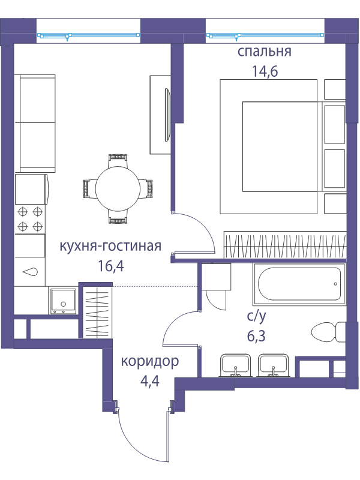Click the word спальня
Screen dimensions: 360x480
coord(264,52)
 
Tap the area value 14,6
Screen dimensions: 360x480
coord(265,71)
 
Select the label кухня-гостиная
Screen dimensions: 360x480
coord(110,246)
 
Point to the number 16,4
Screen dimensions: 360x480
coord(111,266)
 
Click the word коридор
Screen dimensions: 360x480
coord(150,362)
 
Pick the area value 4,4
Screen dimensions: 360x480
coord(149,382)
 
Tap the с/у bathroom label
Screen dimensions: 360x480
coord(257,317)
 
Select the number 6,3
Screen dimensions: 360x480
coord(256,336)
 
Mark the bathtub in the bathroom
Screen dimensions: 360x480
coord(299,284)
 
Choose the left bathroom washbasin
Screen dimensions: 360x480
coord(235,365)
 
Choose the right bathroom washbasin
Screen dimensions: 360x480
coord(274,365)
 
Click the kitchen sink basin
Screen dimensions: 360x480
coord(64,301)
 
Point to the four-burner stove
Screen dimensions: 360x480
coord(30,219)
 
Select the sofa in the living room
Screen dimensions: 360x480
coord(35,123)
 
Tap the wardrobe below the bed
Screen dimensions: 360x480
coord(285,245)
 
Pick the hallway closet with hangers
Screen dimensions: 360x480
coord(97,312)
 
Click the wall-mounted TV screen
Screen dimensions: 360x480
coord(167,115)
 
